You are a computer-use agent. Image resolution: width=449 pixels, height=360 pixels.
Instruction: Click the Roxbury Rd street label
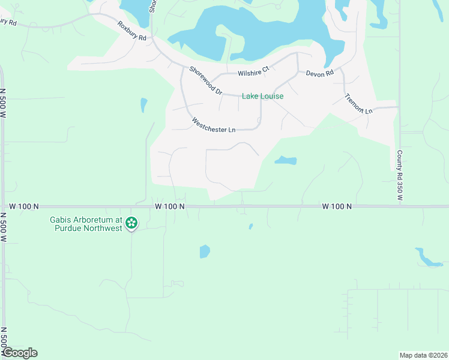tap(132, 31)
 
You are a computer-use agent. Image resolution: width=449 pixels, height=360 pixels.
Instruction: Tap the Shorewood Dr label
tap(206, 80)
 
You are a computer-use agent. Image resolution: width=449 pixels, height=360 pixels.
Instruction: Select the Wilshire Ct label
tap(253, 73)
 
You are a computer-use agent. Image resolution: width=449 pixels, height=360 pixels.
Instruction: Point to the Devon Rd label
tap(319, 73)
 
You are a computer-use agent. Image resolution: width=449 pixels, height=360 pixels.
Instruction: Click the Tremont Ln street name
tap(358, 104)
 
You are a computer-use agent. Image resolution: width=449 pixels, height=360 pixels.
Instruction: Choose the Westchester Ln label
tap(213, 126)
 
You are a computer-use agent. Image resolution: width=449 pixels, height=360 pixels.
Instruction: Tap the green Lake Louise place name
tap(262, 96)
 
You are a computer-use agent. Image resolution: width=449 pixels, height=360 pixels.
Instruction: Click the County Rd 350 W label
tap(399, 175)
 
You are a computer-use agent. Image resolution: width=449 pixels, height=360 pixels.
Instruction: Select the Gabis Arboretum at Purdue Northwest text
tap(86, 224)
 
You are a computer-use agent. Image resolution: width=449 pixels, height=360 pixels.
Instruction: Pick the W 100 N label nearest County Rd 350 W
tap(337, 206)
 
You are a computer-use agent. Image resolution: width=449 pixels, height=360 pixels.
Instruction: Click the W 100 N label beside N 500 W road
tap(25, 206)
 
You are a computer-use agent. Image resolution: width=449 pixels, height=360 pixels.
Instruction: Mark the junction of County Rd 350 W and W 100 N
tap(399, 206)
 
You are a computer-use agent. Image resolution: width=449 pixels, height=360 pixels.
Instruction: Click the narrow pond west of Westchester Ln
tap(143, 105)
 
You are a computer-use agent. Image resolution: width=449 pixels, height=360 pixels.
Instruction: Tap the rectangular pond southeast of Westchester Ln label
tap(285, 160)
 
